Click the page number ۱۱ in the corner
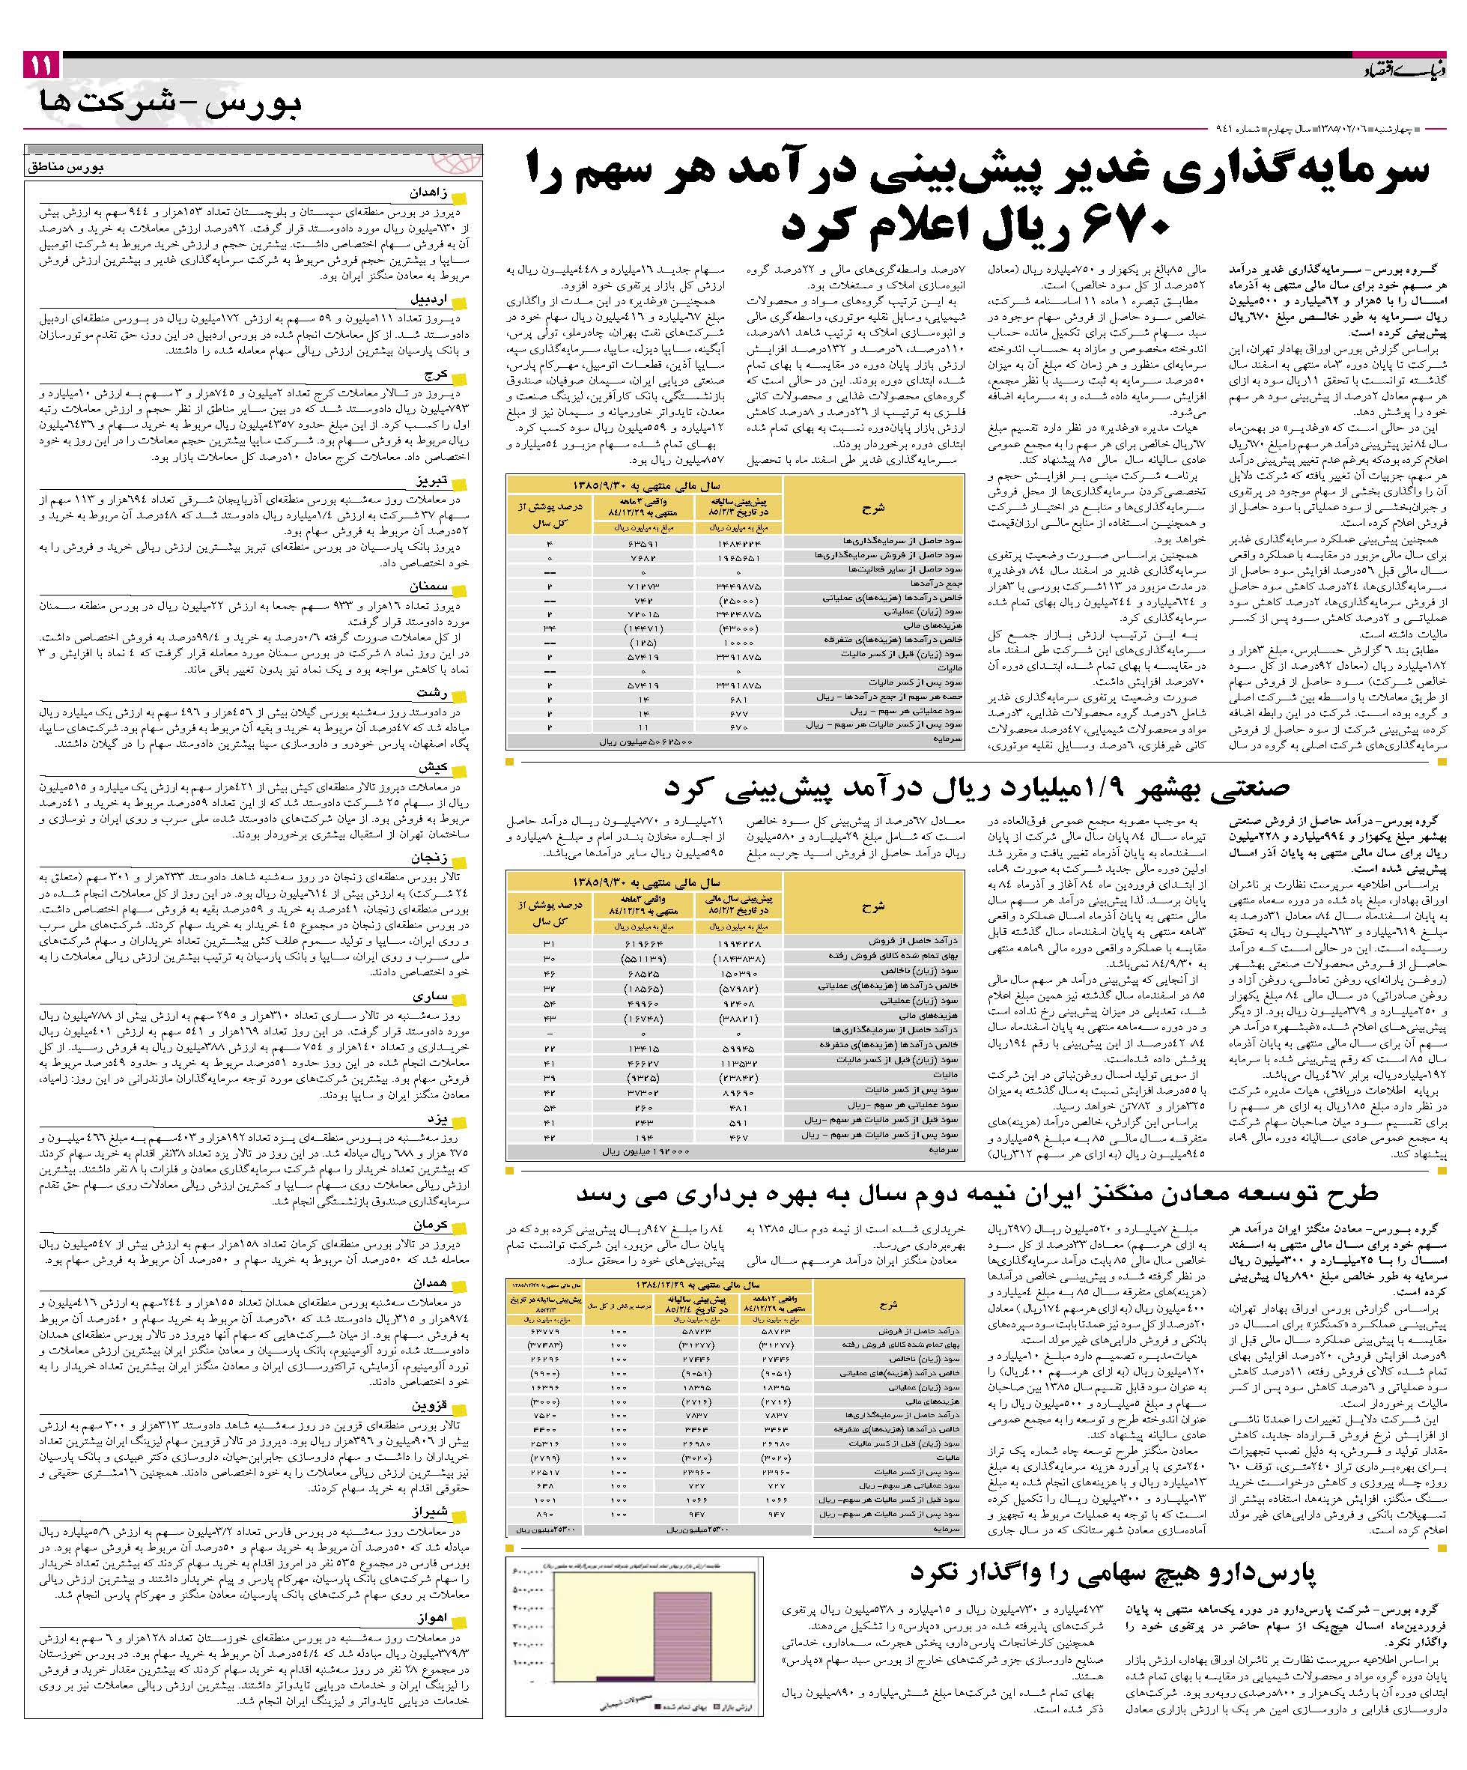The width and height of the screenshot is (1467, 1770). [x=41, y=65]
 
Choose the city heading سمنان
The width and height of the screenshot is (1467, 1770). [x=429, y=587]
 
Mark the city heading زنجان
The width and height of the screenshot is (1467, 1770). [x=429, y=858]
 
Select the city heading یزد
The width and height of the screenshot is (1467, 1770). [x=437, y=1119]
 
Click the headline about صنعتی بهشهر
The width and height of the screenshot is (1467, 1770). [x=977, y=787]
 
